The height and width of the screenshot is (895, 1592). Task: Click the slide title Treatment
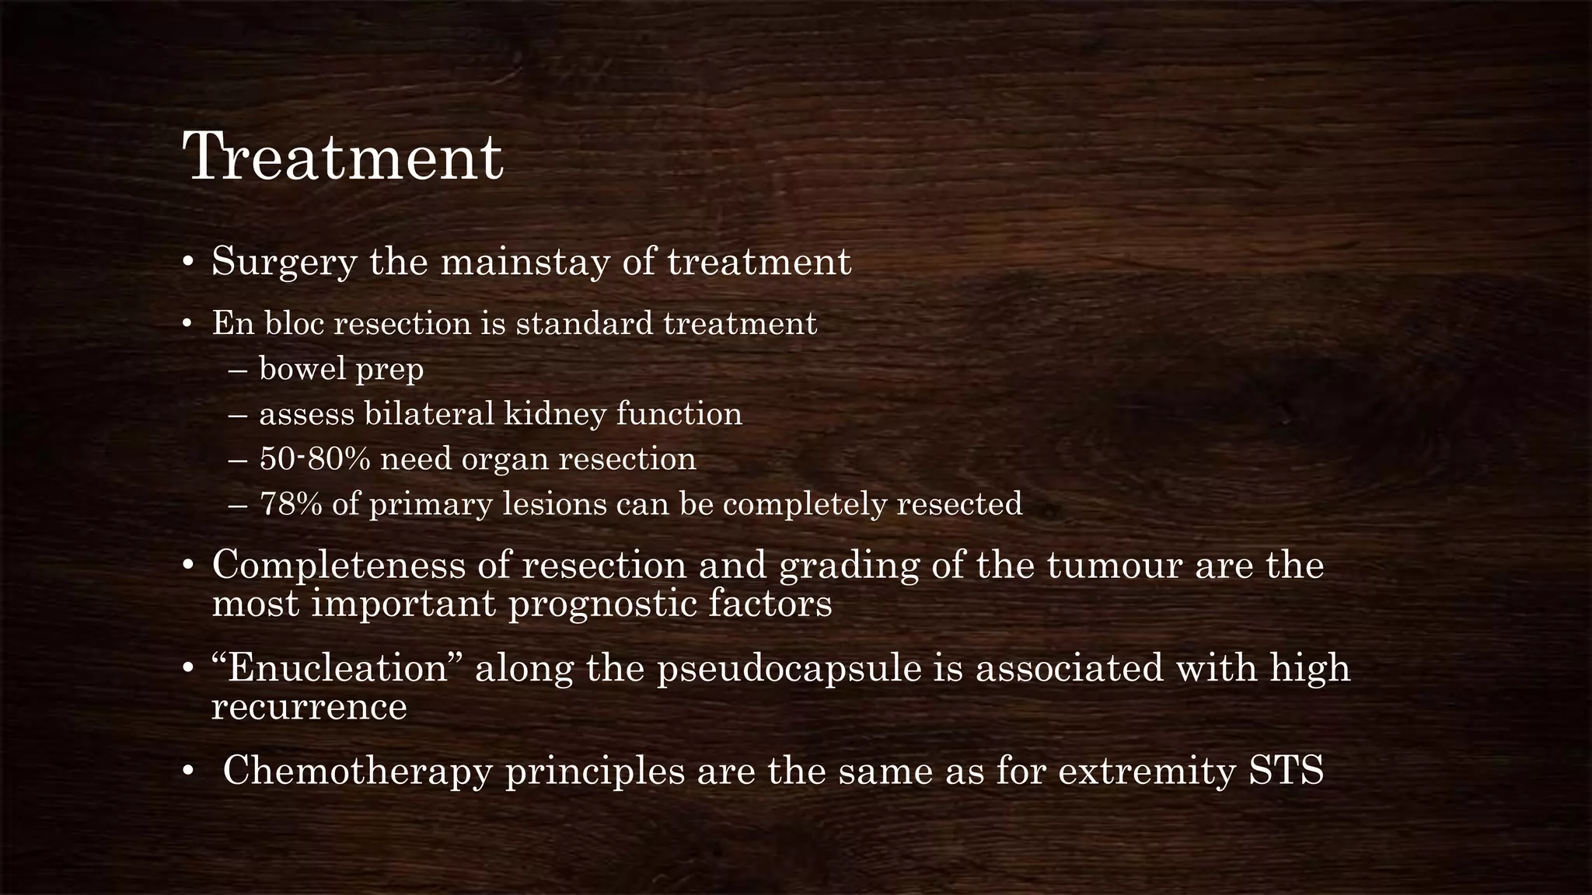point(343,158)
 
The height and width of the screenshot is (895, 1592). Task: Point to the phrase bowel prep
point(341,370)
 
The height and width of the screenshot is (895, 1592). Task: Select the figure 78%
point(290,504)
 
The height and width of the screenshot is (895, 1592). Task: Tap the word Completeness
point(338,565)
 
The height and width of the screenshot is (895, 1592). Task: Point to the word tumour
point(1114,565)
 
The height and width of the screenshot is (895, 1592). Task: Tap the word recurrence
point(309,707)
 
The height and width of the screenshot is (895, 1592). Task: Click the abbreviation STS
point(1286,771)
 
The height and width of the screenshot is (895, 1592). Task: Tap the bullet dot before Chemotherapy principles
point(187,772)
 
